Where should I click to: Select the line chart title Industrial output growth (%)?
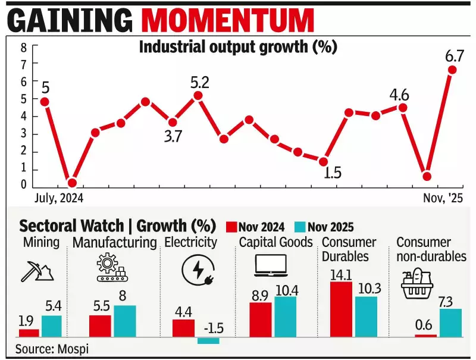coord(238,47)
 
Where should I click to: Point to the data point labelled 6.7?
coord(452,70)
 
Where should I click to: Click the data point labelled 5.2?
coord(198,95)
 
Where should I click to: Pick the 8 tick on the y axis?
coord(23,48)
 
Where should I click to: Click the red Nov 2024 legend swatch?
coord(231,227)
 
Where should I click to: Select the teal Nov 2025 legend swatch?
coord(300,227)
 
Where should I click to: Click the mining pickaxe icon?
coord(37,271)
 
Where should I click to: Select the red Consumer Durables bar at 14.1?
coord(340,309)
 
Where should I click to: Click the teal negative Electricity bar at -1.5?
coord(208,340)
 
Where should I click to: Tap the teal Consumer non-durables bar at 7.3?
coord(450,323)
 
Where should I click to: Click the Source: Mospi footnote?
coord(52,349)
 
